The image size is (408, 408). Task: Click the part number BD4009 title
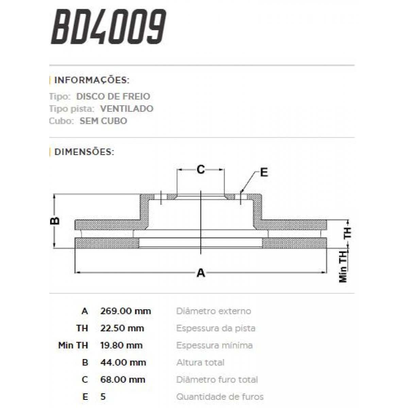pyautogui.click(x=108, y=27)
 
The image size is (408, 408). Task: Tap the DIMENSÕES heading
pyautogui.click(x=84, y=152)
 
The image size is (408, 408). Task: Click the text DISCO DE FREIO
pyautogui.click(x=113, y=97)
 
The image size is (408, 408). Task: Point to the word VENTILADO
pyautogui.click(x=126, y=109)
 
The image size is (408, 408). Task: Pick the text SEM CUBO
pyautogui.click(x=103, y=121)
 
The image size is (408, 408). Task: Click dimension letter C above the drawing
pyautogui.click(x=201, y=169)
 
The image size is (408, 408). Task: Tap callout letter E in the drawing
pyautogui.click(x=264, y=172)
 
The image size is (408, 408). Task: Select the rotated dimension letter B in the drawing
pyautogui.click(x=55, y=221)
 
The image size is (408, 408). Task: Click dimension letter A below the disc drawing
pyautogui.click(x=201, y=272)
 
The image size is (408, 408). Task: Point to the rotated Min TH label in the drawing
pyautogui.click(x=343, y=267)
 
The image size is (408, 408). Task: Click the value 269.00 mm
pyautogui.click(x=125, y=311)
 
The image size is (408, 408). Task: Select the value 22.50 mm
pyautogui.click(x=122, y=328)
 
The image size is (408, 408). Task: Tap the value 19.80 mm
pyautogui.click(x=121, y=345)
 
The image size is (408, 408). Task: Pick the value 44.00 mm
pyautogui.click(x=123, y=363)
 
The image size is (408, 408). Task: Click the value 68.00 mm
pyautogui.click(x=123, y=380)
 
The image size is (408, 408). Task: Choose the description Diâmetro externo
pyautogui.click(x=214, y=311)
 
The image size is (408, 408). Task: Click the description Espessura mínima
pyautogui.click(x=214, y=345)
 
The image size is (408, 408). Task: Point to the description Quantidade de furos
pyautogui.click(x=220, y=397)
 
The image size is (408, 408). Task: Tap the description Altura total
pyautogui.click(x=200, y=363)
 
